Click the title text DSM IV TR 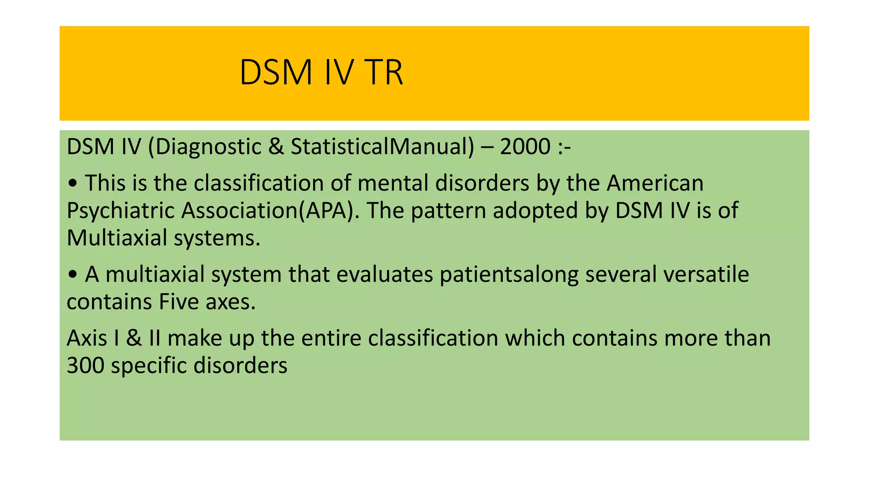(x=321, y=73)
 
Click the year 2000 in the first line (x=525, y=147)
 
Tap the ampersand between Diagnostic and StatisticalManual (x=276, y=147)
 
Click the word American (x=655, y=183)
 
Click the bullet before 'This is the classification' (x=73, y=183)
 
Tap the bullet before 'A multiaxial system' (x=73, y=274)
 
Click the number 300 (x=85, y=365)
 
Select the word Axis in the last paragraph (x=87, y=338)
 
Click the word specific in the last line (x=149, y=365)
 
